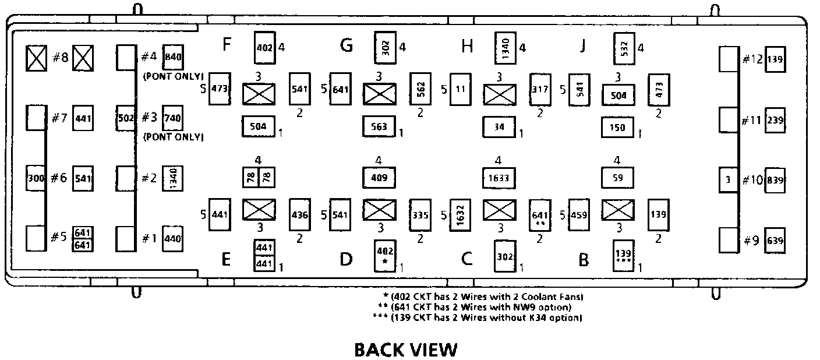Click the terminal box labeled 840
click(173, 57)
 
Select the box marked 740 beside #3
click(173, 118)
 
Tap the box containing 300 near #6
click(36, 178)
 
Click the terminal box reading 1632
click(459, 215)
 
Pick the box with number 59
click(617, 178)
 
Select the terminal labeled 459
click(579, 215)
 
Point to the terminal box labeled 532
click(624, 48)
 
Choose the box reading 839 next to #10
click(775, 179)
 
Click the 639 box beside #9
click(775, 240)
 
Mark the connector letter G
click(347, 45)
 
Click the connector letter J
click(582, 47)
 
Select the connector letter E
click(227, 260)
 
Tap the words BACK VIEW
click(406, 350)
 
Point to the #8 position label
click(61, 58)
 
